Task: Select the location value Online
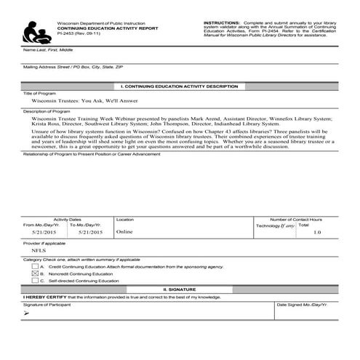click(124, 233)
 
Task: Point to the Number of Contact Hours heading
click(296, 219)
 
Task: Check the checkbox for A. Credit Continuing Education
click(36, 266)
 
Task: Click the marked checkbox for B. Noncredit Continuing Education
click(36, 273)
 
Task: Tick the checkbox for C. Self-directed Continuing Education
click(36, 281)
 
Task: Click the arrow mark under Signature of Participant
click(27, 312)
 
